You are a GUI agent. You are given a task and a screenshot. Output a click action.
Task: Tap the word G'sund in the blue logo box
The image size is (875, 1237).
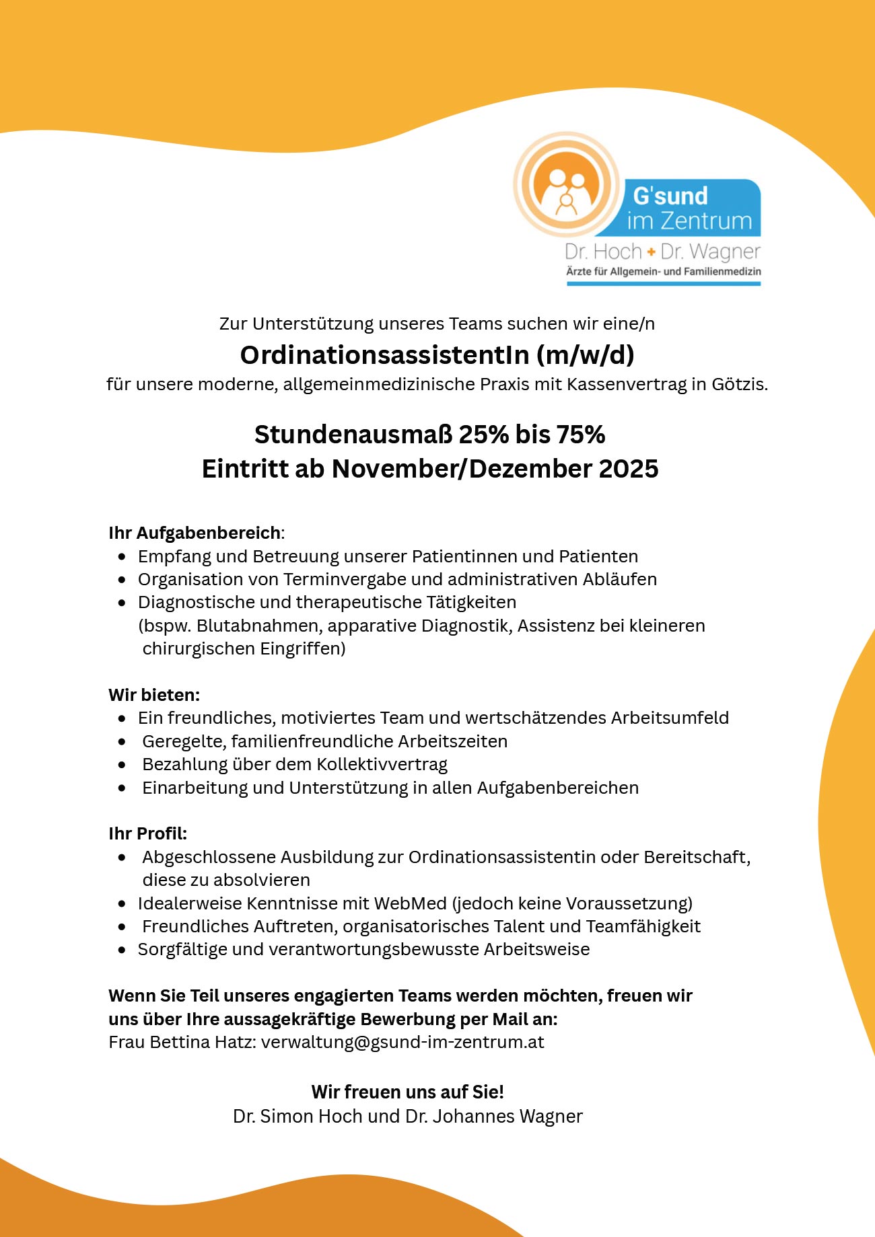click(670, 196)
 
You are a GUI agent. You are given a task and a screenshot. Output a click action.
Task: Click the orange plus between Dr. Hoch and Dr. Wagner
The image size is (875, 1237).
click(651, 252)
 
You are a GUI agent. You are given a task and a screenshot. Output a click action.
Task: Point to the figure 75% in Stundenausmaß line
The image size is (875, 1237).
click(580, 435)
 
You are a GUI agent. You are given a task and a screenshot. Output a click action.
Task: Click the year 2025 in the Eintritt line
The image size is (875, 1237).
click(628, 469)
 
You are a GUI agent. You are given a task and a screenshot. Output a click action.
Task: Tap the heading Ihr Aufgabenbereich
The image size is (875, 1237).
click(195, 533)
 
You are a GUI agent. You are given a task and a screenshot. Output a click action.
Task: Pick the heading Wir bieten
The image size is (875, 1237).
click(153, 695)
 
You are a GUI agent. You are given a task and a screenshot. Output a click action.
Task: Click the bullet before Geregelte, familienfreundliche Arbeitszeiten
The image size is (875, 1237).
click(122, 742)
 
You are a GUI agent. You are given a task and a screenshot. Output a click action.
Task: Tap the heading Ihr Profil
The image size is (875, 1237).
click(147, 833)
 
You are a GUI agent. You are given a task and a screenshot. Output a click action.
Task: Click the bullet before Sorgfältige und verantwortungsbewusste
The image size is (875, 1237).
click(122, 950)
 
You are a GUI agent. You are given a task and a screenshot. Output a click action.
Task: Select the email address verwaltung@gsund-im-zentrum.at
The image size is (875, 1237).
click(403, 1042)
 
